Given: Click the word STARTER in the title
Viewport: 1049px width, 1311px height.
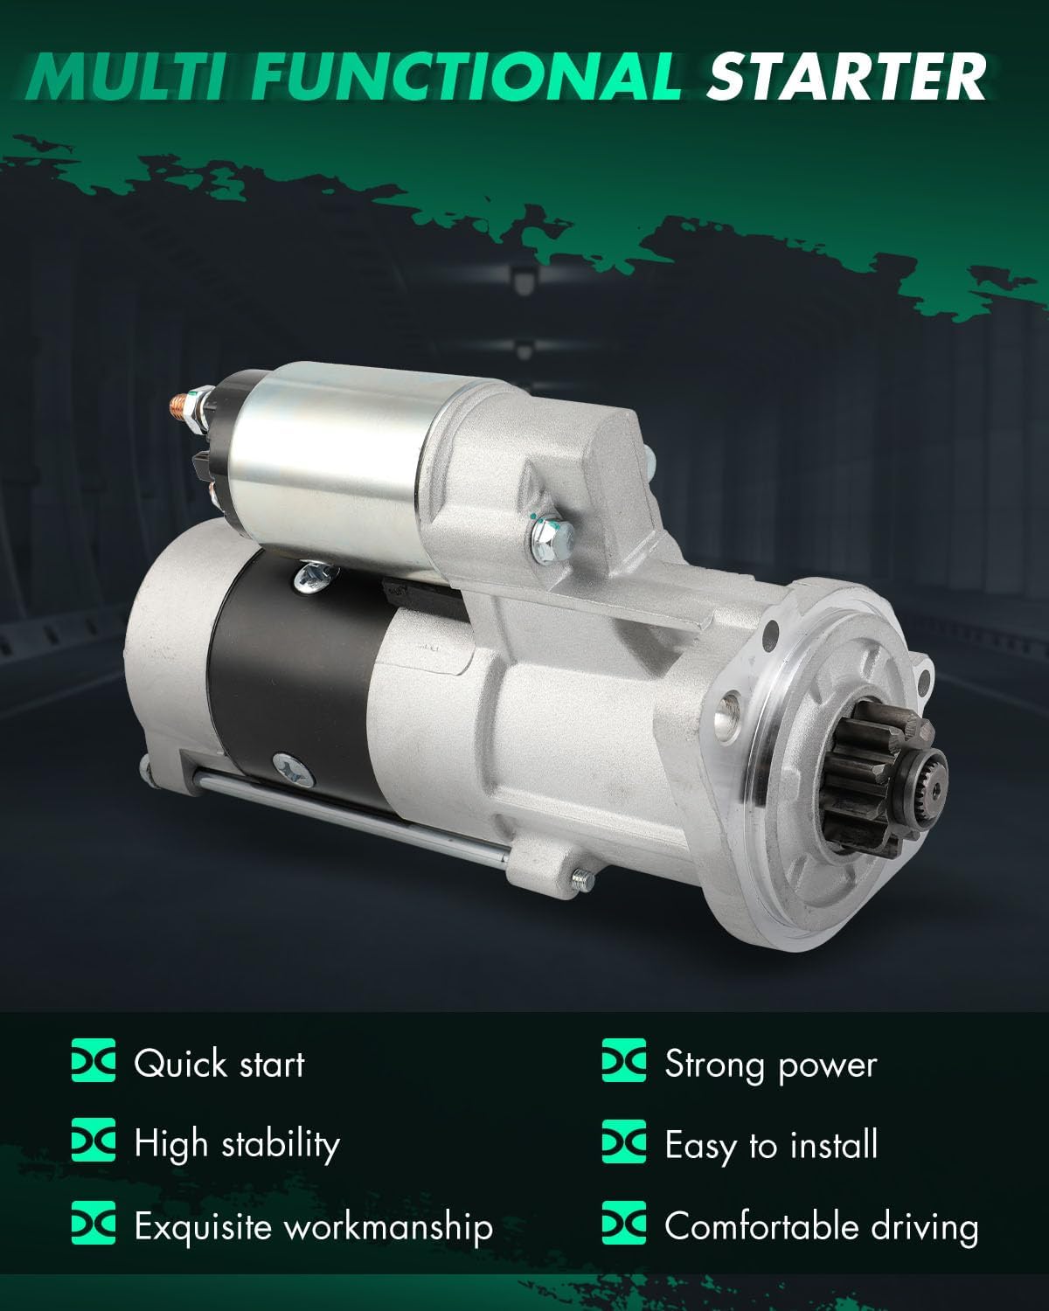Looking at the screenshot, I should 846,76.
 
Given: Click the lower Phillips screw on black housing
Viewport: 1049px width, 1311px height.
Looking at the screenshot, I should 289,766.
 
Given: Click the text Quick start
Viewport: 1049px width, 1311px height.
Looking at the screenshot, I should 219,1065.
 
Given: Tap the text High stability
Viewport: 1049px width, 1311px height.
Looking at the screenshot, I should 236,1145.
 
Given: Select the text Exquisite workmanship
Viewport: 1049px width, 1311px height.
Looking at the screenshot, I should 313,1226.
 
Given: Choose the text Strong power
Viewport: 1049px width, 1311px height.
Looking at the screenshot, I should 770,1065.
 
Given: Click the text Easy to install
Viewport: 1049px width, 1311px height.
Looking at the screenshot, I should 770,1145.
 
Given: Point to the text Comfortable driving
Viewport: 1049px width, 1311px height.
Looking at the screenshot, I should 821,1226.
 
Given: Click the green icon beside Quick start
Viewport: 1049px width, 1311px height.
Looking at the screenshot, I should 93,1063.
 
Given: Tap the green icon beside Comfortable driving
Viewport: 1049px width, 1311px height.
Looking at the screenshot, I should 624,1224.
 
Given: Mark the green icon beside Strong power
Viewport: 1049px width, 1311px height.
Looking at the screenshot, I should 624,1063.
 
